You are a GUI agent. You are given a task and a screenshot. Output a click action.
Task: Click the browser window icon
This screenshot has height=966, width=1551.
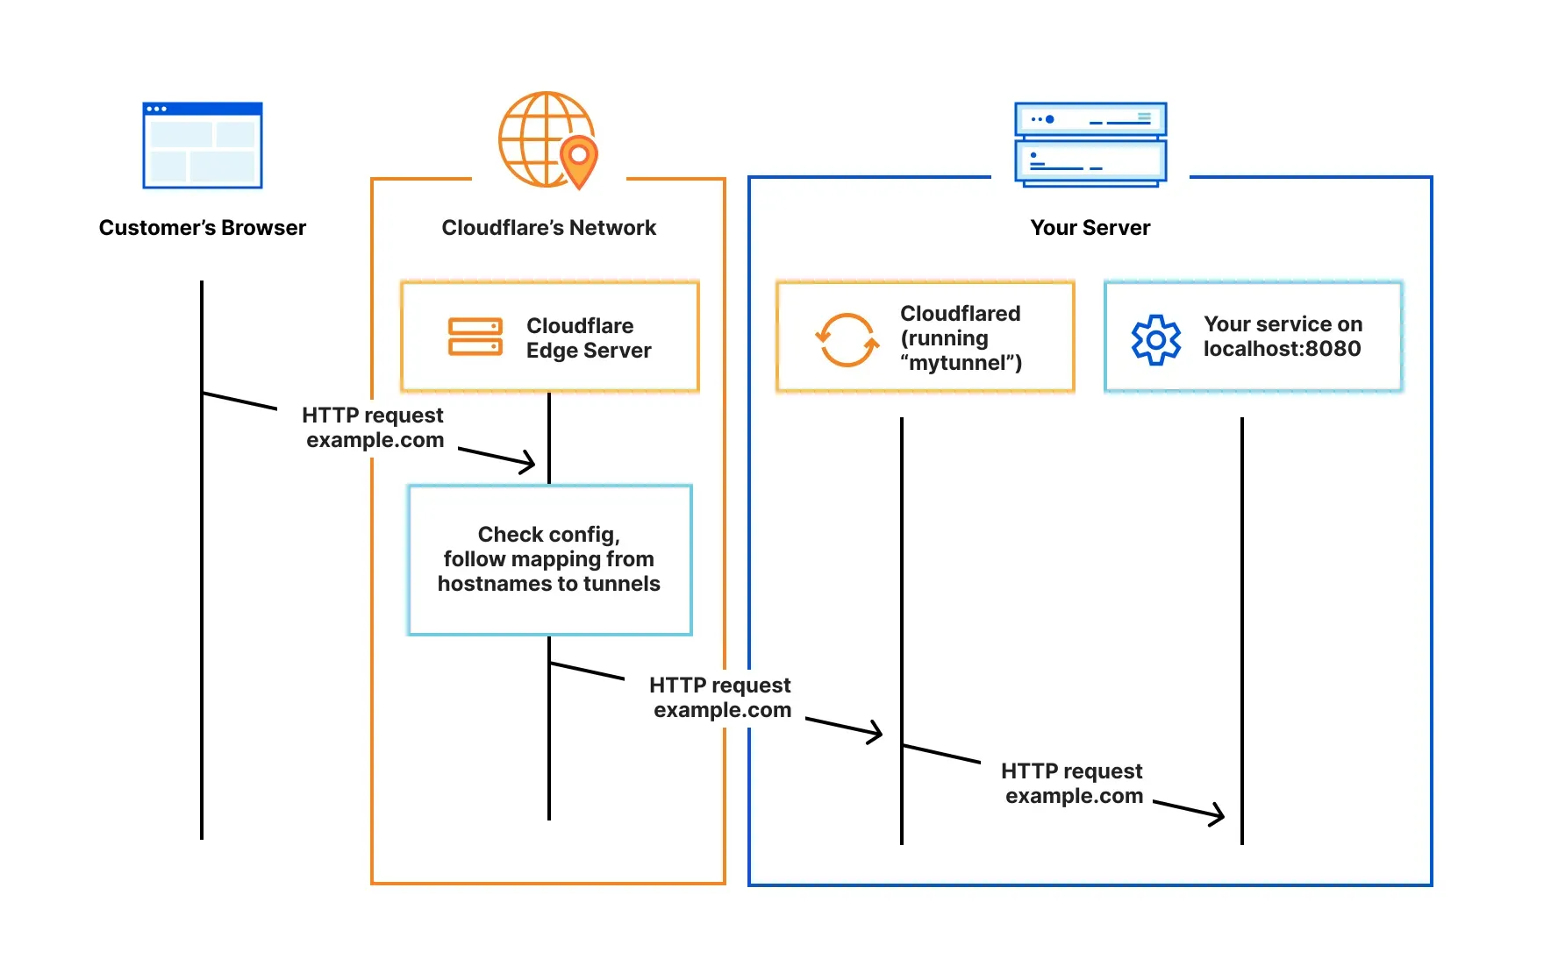tap(203, 146)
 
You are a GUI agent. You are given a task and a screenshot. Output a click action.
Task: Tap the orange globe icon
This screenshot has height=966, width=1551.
tap(539, 139)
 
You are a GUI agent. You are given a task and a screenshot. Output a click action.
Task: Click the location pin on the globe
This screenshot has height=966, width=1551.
tap(579, 160)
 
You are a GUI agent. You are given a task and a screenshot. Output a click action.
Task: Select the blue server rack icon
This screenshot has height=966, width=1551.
tap(1090, 144)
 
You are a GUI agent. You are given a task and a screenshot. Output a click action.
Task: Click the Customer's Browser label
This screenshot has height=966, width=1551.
tap(203, 228)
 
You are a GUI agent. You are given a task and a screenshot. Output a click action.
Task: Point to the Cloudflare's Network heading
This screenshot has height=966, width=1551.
tap(548, 228)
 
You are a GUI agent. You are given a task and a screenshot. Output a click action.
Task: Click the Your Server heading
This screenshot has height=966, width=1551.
tap(1090, 228)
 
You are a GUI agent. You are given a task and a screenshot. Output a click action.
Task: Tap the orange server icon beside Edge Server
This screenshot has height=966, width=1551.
tap(475, 337)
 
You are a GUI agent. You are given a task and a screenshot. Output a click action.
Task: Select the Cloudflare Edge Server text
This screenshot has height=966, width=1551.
tap(588, 337)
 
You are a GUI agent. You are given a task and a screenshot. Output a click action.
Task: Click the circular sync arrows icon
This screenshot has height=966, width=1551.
tap(847, 339)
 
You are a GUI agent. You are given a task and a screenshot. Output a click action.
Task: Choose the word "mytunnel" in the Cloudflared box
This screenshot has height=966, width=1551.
tap(960, 363)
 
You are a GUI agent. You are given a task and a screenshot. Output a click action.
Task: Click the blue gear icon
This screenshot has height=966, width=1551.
tap(1156, 339)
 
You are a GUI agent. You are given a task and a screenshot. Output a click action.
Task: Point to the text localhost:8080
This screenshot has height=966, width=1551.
tap(1282, 349)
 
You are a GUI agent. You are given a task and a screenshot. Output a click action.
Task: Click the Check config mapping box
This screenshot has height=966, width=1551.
tap(550, 559)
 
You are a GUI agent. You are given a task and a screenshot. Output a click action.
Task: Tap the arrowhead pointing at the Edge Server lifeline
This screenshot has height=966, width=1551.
tap(529, 462)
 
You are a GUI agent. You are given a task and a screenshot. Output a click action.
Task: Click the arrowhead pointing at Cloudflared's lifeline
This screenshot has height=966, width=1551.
tap(876, 732)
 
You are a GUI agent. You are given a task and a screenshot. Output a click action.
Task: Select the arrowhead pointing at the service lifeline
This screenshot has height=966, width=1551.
tap(1218, 814)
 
